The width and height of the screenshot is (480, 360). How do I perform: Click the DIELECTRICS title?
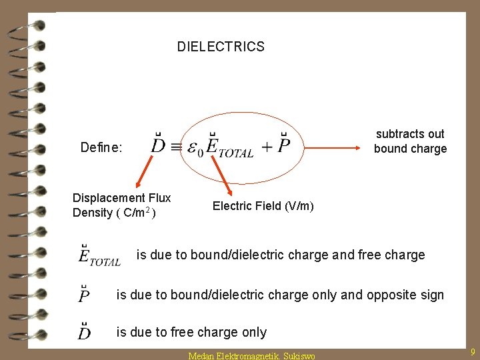coord(221,47)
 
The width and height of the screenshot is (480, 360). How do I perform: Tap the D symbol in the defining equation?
coord(158,144)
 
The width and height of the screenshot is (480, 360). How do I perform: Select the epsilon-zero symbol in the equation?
coord(196,147)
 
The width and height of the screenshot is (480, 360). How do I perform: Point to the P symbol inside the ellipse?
coord(284,144)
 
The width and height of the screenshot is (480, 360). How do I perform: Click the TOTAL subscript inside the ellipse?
coord(237,153)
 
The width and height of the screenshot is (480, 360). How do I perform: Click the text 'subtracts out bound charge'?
coord(410,141)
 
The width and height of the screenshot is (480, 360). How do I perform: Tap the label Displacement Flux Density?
coord(121,205)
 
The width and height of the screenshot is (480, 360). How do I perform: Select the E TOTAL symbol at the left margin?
coord(99,256)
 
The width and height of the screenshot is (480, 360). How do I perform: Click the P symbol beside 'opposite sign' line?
coord(85,294)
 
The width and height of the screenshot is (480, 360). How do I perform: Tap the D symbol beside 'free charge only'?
coord(85,331)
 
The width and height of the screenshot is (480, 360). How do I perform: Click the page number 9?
coord(472,351)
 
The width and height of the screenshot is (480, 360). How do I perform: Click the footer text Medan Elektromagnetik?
coord(231,355)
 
